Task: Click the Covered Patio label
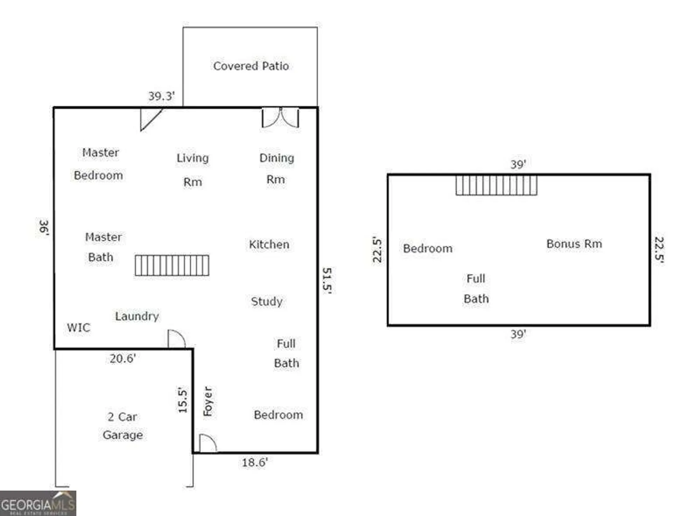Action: [251, 66]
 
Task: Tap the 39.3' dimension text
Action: [161, 96]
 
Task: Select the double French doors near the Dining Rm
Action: [280, 118]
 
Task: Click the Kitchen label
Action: [269, 245]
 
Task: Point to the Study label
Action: [267, 301]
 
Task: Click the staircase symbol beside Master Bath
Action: [172, 266]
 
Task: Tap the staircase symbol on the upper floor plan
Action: [496, 185]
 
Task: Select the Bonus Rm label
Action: [574, 244]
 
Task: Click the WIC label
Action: [79, 328]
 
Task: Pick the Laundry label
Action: [137, 316]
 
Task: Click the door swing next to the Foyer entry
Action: [208, 443]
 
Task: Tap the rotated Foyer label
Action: [208, 401]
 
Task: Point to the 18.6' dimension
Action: [255, 462]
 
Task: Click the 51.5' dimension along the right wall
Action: [327, 280]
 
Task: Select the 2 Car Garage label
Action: [122, 426]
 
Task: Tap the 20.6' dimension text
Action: [122, 359]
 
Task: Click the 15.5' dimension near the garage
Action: [183, 400]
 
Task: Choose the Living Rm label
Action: [192, 170]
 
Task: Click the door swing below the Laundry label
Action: [176, 339]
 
